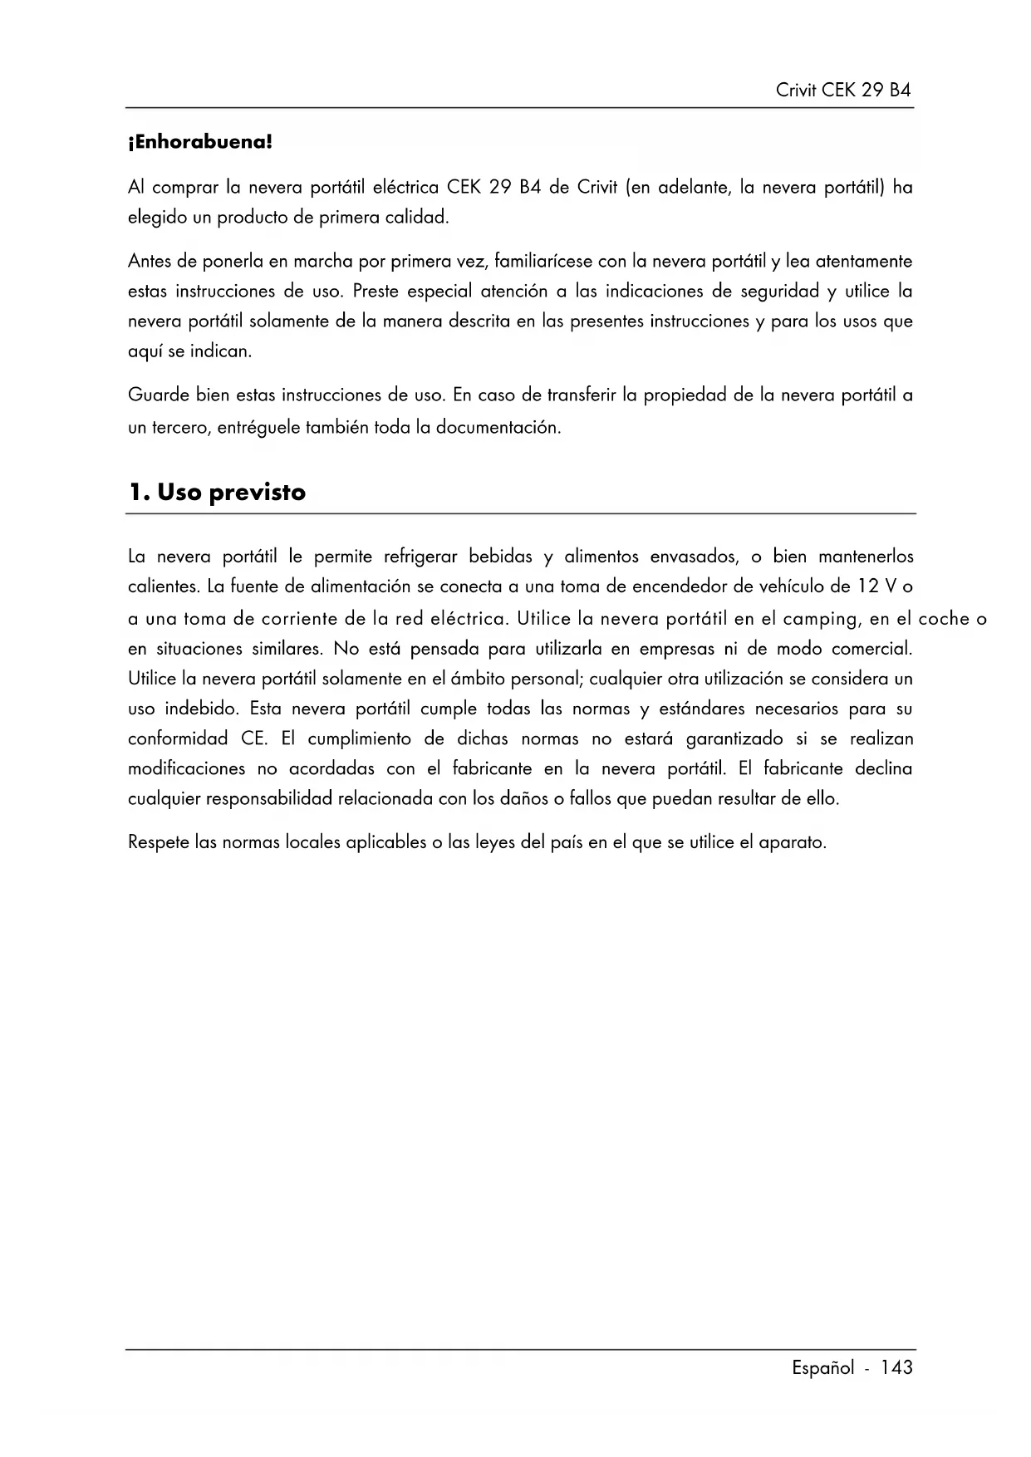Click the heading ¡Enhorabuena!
(x=200, y=142)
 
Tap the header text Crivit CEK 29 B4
(x=843, y=91)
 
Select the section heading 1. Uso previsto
(x=217, y=493)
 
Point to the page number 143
(x=897, y=1367)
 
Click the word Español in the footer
(x=822, y=1367)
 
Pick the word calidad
(x=417, y=218)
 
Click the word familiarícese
(x=543, y=262)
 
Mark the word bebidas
(x=500, y=556)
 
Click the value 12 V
(x=877, y=586)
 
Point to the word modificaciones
(x=186, y=768)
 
